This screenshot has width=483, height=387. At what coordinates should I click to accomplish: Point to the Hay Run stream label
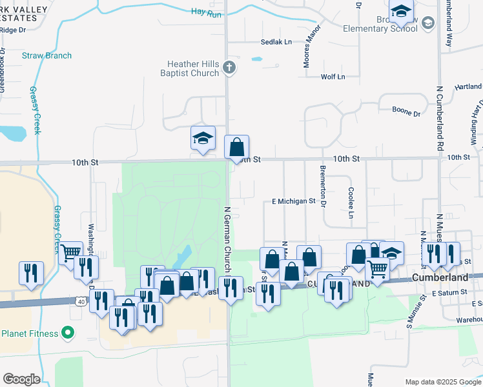tap(207, 12)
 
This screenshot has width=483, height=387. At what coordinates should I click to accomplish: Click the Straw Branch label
tap(47, 55)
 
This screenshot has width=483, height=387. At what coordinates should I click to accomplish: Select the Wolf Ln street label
tap(333, 77)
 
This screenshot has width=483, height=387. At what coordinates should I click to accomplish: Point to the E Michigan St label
tap(293, 201)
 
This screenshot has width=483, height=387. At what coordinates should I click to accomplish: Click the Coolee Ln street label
tap(351, 203)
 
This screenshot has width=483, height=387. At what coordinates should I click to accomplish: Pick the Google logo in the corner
tap(21, 379)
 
